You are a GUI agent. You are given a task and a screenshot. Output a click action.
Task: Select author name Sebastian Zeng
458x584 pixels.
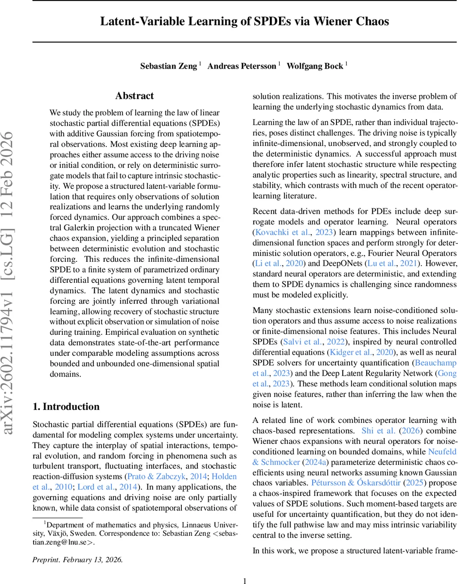[169, 66]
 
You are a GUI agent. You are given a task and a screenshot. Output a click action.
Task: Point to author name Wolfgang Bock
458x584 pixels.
[315, 66]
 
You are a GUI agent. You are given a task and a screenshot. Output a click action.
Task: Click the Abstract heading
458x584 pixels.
[135, 96]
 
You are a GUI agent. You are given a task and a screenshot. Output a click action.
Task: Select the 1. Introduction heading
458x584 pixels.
[66, 406]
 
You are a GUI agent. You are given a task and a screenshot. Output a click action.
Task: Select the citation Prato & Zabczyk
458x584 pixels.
[166, 476]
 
